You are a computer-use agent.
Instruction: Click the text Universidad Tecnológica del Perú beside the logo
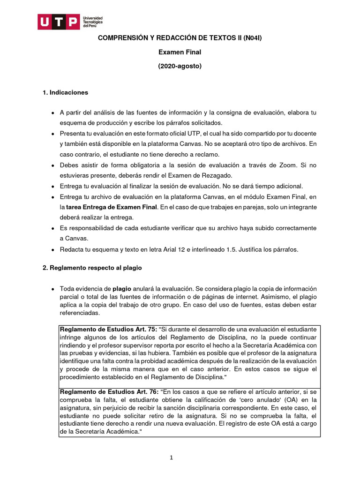pyautogui.click(x=93, y=22)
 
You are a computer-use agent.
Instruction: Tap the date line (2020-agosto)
pyautogui.click(x=180, y=66)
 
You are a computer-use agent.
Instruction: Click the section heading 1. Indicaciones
pyautogui.click(x=65, y=92)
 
